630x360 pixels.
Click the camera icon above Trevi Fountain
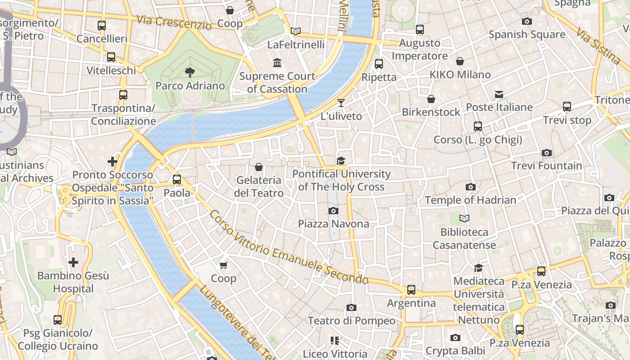coord(547,153)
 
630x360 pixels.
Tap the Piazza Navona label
coord(333,224)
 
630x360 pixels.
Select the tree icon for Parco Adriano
coord(190,72)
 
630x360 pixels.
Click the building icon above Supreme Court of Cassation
coord(277,63)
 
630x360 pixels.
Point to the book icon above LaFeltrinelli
coord(296,31)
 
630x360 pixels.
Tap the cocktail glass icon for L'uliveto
coord(341,103)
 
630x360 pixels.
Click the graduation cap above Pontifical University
coord(341,161)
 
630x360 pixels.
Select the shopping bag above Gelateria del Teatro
coord(259,167)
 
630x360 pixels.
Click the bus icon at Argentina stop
coord(411,290)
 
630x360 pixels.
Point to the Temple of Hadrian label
coord(470,200)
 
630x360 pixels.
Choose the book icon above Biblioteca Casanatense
coord(464,219)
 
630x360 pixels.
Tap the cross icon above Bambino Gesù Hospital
coord(73,262)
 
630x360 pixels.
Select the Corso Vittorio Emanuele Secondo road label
coord(288,247)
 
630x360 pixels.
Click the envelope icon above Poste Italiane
coord(499,94)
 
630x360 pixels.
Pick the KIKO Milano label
coord(460,75)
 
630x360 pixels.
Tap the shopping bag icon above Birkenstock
coord(431,99)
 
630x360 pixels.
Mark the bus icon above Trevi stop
coord(567,107)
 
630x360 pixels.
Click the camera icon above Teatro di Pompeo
coord(351,307)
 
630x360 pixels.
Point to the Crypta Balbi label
coord(455,351)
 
